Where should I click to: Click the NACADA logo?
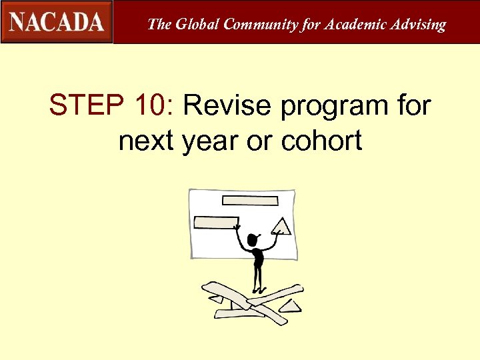[x=57, y=22]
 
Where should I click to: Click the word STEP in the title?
[x=83, y=105]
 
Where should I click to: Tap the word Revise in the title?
[x=227, y=105]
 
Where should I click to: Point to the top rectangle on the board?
[x=249, y=200]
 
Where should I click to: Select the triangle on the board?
[x=282, y=227]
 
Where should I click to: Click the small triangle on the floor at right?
[x=291, y=306]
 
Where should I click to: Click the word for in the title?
[x=407, y=105]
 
